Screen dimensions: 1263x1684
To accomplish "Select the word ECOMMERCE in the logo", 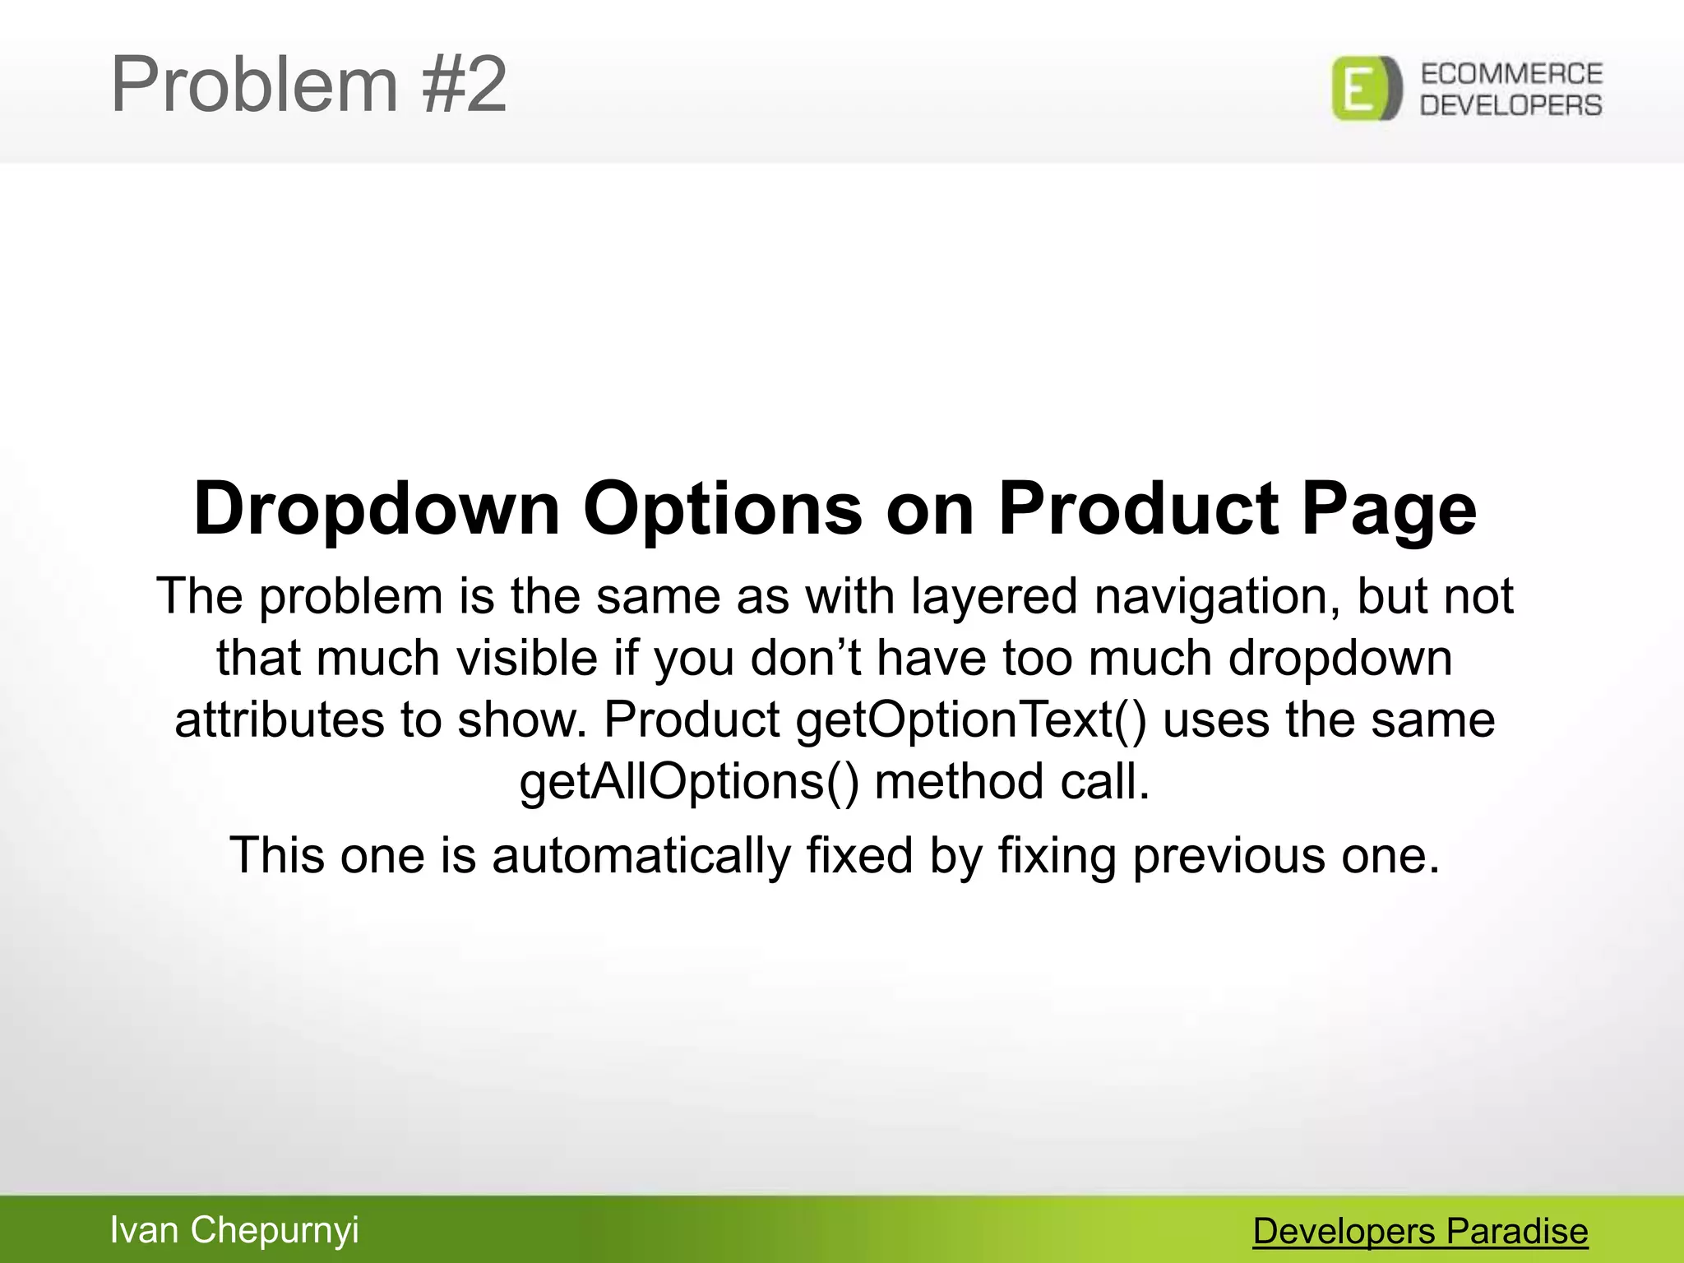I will coord(1511,74).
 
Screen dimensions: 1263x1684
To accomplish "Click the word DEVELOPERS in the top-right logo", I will coord(1511,105).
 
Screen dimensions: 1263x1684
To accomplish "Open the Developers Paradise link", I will coord(1420,1232).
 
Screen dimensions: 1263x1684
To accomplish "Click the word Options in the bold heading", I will coord(723,508).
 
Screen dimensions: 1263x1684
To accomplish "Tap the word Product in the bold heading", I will coord(1138,508).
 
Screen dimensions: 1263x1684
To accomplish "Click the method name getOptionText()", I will coord(970,720).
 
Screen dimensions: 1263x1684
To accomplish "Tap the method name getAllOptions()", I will coord(689,781).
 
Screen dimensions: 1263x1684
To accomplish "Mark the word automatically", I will coord(641,855).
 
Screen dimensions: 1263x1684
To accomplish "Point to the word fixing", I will coord(1057,855).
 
